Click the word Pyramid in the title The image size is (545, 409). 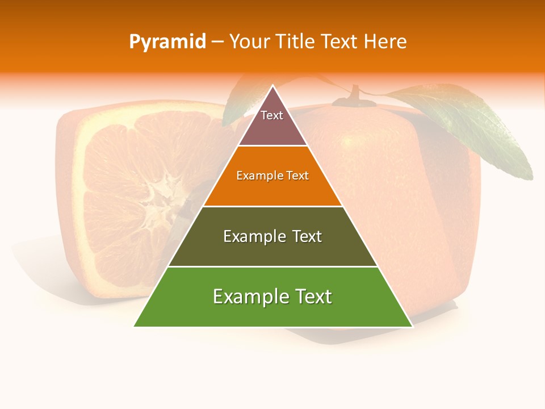pyautogui.click(x=167, y=42)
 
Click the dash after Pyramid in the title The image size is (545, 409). pyautogui.click(x=217, y=43)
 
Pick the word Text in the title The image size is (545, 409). pyautogui.click(x=340, y=42)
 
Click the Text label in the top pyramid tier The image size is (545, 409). pyautogui.click(x=272, y=115)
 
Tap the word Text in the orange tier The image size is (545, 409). pyautogui.click(x=298, y=176)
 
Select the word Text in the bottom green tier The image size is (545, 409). pyautogui.click(x=312, y=297)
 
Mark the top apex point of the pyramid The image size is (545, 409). pyautogui.click(x=273, y=86)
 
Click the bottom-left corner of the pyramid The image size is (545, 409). pyautogui.click(x=134, y=326)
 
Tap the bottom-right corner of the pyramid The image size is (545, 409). pyautogui.click(x=412, y=326)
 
